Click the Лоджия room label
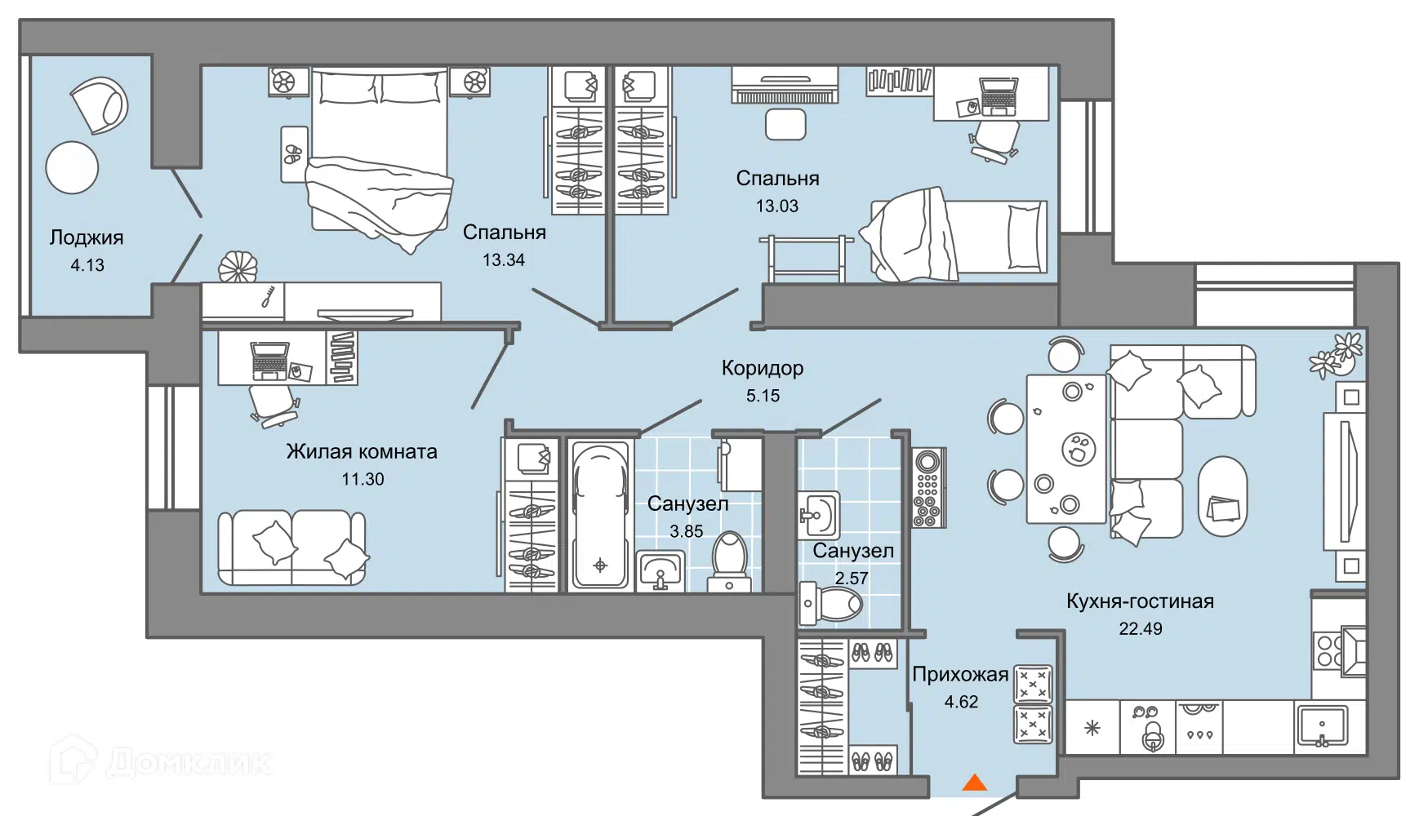(x=87, y=237)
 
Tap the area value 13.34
(x=504, y=260)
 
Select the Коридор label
(x=763, y=369)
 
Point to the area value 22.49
(x=1141, y=628)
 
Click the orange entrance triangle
(x=974, y=783)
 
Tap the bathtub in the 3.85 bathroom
(x=600, y=516)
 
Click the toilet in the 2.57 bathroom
(x=830, y=605)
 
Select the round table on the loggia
(x=72, y=167)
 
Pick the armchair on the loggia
(x=100, y=104)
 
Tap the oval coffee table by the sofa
(x=1222, y=496)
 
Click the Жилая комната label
(x=362, y=452)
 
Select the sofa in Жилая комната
(x=292, y=548)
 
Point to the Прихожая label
(x=960, y=675)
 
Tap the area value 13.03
(x=777, y=206)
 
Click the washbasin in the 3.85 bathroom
(x=661, y=570)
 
